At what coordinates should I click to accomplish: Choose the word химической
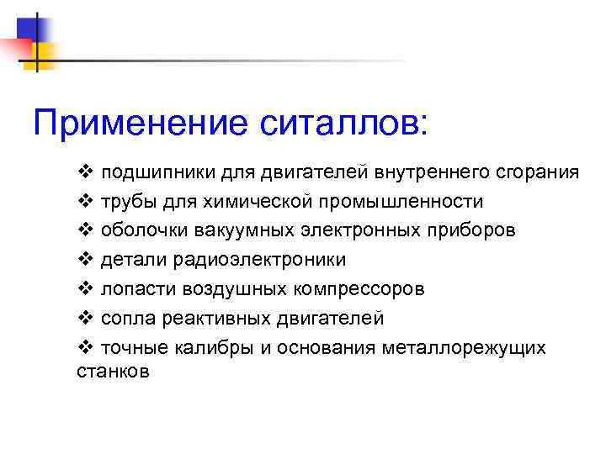tap(233, 202)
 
